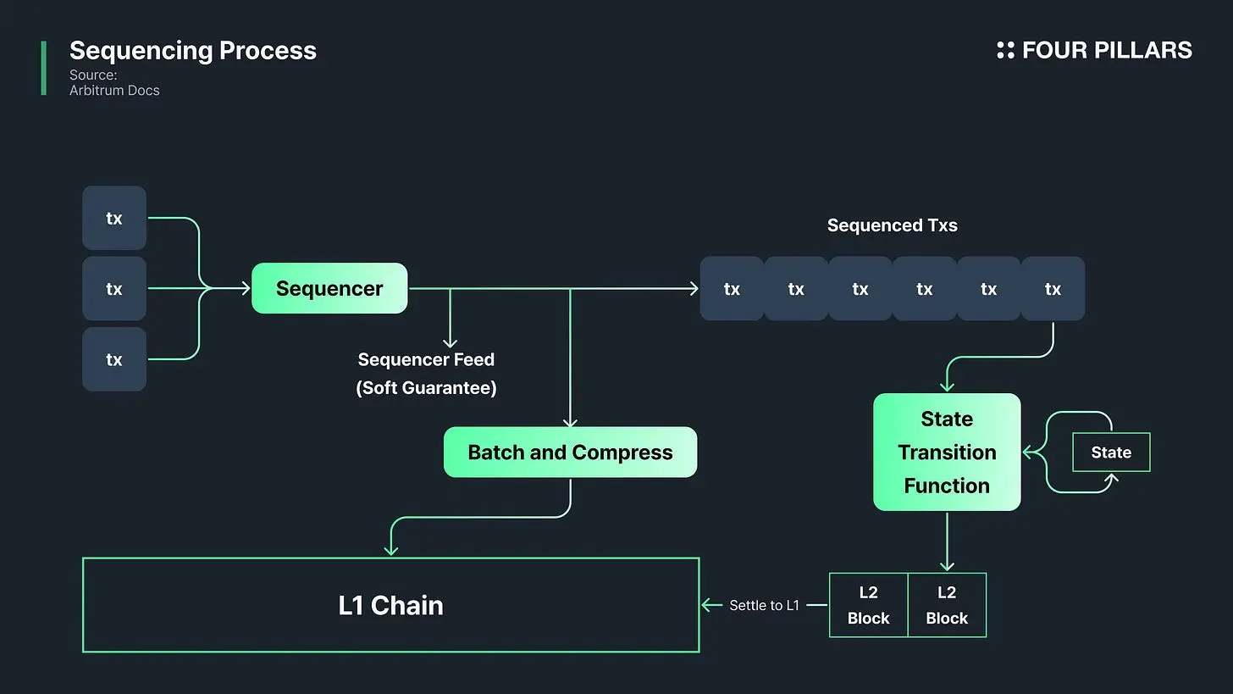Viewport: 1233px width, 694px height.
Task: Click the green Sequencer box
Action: pos(329,288)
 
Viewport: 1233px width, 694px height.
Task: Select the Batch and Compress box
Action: pos(570,452)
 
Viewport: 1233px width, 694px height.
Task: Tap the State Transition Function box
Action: pos(947,452)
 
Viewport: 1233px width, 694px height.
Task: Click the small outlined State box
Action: pos(1111,452)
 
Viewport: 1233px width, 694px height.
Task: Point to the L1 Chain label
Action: pos(391,605)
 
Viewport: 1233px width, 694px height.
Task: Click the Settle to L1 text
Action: pos(764,605)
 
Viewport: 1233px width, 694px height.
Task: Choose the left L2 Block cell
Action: pos(868,605)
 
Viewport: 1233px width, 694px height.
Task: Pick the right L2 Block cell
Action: pos(947,605)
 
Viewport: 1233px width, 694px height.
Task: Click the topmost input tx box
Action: pos(114,218)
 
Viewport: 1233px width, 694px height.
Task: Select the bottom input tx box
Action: pos(114,359)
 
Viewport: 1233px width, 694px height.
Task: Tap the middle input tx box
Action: pos(114,289)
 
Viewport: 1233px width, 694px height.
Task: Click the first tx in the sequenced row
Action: pos(732,289)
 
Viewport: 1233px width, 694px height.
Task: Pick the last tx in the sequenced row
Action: pos(1053,289)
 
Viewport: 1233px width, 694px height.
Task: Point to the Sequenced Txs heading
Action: pos(893,225)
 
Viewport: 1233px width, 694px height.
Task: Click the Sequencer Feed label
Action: pos(426,359)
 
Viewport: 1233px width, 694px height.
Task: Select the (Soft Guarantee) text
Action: pos(426,388)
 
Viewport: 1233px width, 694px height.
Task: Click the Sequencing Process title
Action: pos(193,51)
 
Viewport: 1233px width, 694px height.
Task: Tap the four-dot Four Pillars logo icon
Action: pos(1006,50)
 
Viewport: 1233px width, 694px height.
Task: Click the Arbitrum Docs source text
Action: pos(114,91)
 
